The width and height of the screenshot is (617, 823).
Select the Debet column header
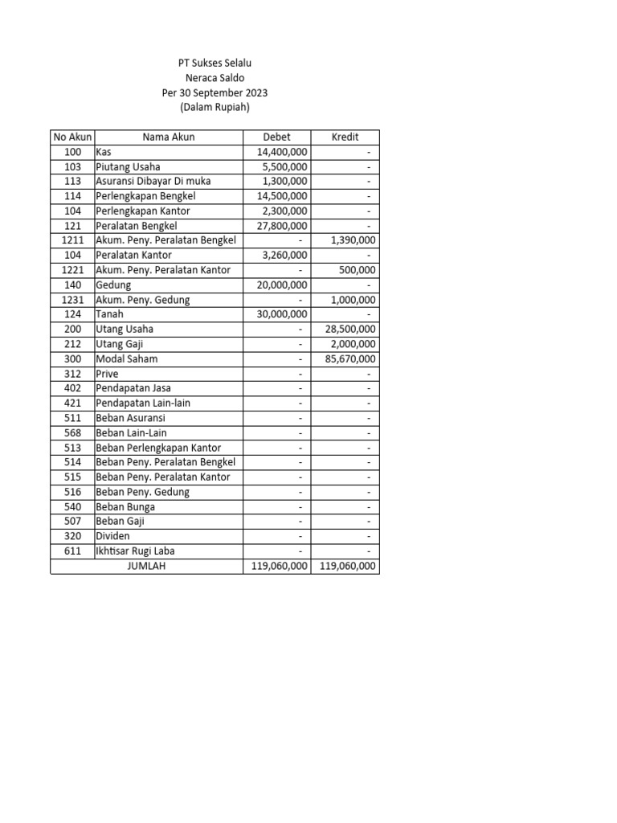point(276,137)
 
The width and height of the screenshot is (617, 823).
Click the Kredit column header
point(345,137)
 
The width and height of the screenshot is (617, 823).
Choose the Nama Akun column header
point(169,137)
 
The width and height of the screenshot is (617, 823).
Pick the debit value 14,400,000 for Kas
point(281,152)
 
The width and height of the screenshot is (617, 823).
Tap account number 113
point(72,182)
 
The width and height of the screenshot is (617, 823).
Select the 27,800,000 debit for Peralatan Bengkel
point(281,226)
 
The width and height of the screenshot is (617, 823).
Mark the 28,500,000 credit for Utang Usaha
point(349,330)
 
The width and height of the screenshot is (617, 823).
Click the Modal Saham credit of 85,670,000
point(349,359)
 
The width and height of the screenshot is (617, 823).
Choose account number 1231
point(72,300)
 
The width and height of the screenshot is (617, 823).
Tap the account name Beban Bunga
point(125,507)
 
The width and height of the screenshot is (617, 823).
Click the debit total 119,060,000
point(276,566)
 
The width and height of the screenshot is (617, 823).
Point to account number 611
point(72,551)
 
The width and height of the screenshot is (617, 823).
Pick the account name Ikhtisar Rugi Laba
point(135,551)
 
